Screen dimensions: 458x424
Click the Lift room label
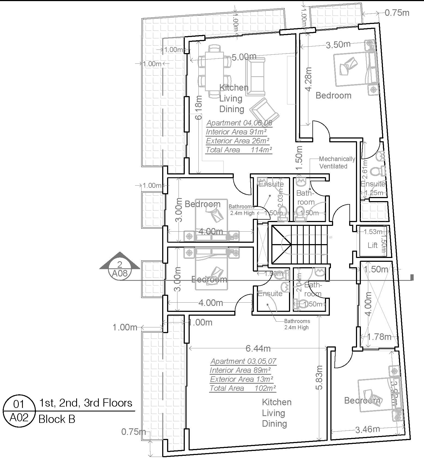pyautogui.click(x=372, y=245)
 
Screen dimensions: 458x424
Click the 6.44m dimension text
pyautogui.click(x=258, y=348)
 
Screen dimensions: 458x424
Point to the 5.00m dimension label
pyautogui.click(x=244, y=57)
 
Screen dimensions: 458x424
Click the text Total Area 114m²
pyautogui.click(x=239, y=150)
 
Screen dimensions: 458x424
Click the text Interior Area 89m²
pyautogui.click(x=240, y=370)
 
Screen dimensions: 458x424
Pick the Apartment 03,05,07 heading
pyautogui.click(x=243, y=361)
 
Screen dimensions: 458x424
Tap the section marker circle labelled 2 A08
pyautogui.click(x=120, y=269)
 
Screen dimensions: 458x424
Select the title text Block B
pyautogui.click(x=57, y=419)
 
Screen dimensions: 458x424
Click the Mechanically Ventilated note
pyautogui.click(x=337, y=162)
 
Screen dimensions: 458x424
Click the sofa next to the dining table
pyautogui.click(x=255, y=77)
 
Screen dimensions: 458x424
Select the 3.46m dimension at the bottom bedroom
pyautogui.click(x=367, y=429)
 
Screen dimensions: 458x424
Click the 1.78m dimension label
pyautogui.click(x=379, y=337)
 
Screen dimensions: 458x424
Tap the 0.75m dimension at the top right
pyautogui.click(x=397, y=13)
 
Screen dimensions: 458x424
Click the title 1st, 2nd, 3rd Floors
pyautogui.click(x=86, y=403)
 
